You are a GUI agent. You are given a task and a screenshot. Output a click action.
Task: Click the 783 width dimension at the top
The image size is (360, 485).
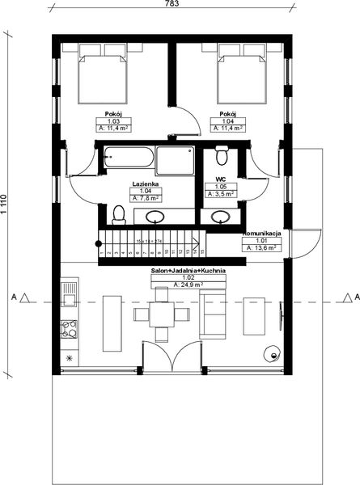172,4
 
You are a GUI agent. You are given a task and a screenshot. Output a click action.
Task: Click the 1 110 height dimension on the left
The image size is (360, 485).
4,201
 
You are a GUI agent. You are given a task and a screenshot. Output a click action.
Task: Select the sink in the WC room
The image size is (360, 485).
218,216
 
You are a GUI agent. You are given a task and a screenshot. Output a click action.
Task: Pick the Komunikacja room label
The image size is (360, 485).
261,233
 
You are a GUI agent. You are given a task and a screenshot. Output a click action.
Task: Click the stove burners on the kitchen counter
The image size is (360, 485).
69,330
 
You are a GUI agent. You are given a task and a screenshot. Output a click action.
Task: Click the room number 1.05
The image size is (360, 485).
219,187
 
